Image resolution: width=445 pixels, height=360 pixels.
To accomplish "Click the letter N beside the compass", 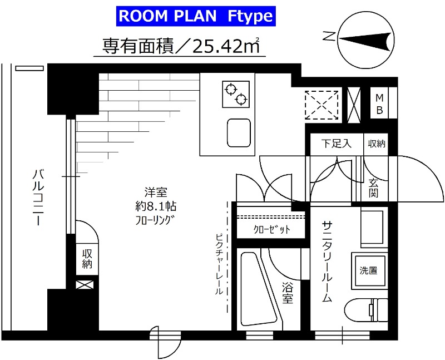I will tap(329, 37).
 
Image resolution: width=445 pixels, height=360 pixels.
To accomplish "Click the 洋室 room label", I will tap(157, 191).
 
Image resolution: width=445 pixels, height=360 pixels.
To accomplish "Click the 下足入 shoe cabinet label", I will tap(335, 144).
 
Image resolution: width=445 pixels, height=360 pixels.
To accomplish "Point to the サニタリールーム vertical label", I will tap(327, 262).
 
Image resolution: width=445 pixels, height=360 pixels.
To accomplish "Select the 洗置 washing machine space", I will tap(368, 271).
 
